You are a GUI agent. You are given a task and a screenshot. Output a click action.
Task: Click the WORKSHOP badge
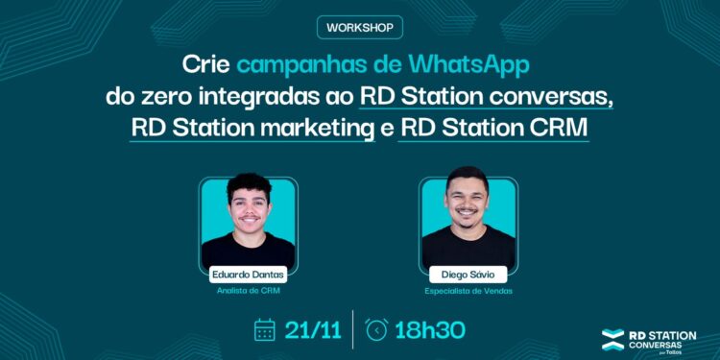coord(358,27)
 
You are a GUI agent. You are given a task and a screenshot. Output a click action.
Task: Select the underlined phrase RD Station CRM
coord(493,127)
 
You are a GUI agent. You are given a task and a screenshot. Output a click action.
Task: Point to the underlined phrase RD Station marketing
coord(253,127)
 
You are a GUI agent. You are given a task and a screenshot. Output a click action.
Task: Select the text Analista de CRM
coord(247,290)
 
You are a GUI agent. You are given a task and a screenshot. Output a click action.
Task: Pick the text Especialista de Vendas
coord(468,290)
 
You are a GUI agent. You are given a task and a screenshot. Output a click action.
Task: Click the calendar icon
coord(265,330)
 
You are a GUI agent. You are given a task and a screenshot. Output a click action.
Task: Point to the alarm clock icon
coord(377,330)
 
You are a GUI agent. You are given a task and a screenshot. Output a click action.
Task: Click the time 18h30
coord(430,330)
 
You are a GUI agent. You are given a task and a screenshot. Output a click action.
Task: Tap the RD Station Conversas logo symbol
coord(612,338)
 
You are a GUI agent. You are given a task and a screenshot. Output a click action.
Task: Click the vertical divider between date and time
coord(353,329)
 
